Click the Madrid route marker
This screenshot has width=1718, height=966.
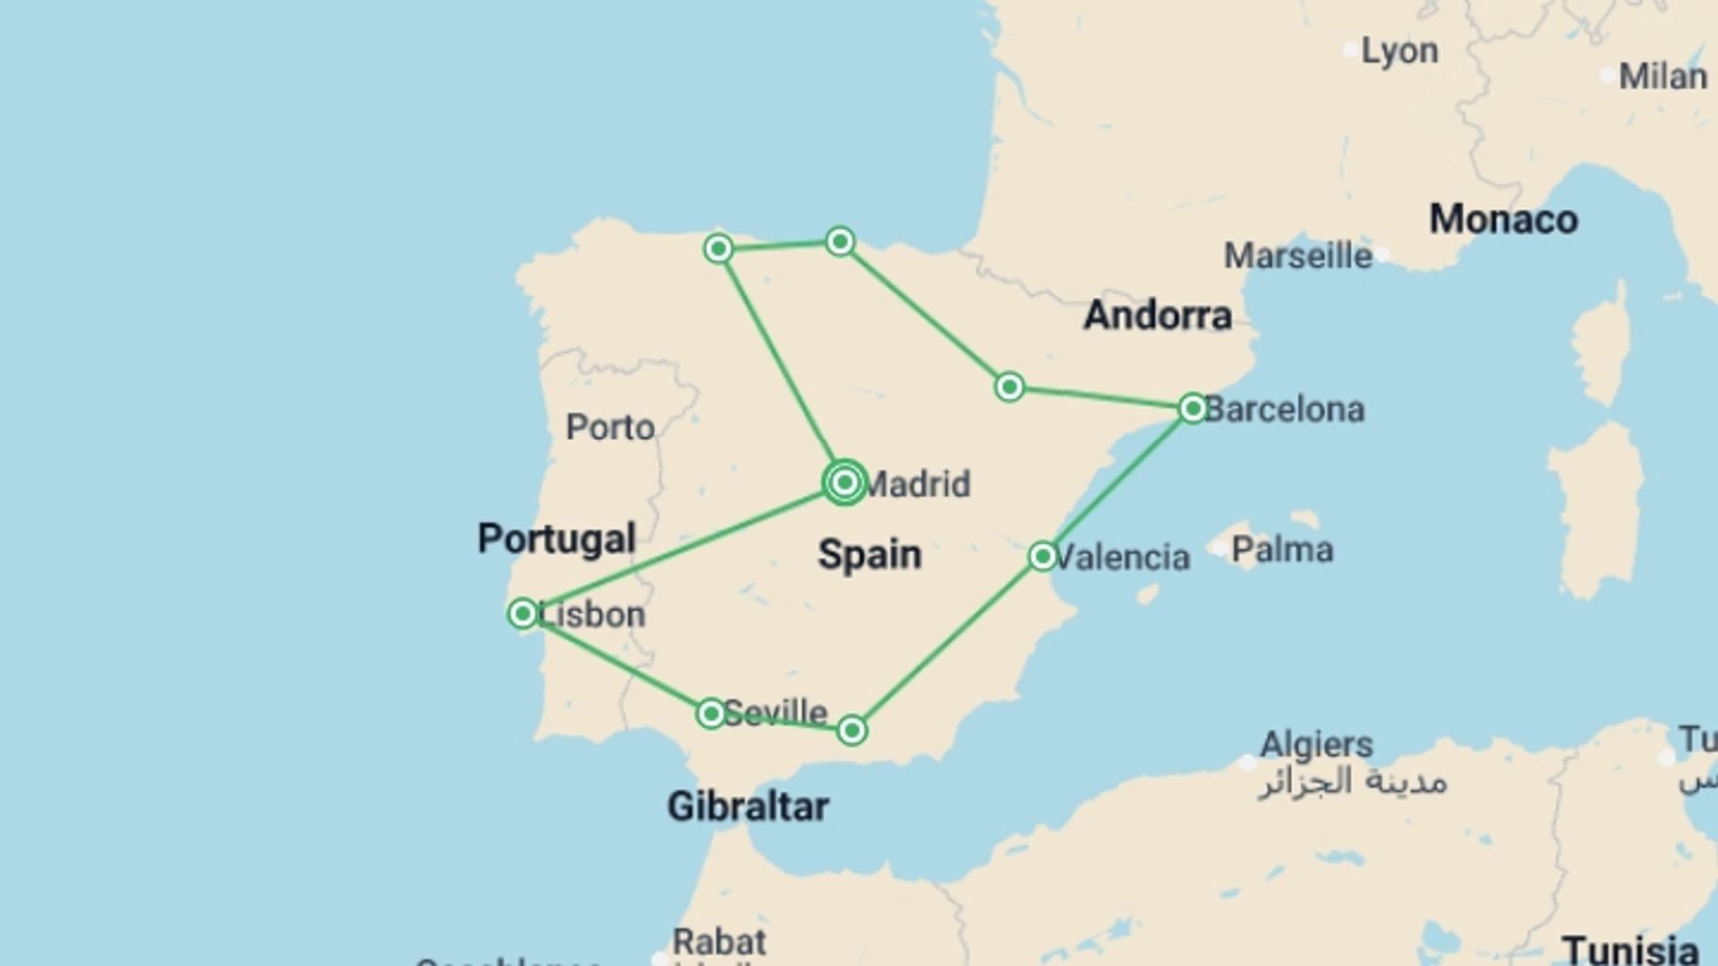click(845, 483)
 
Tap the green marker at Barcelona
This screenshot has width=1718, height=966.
click(1193, 409)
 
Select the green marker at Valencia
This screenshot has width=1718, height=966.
click(1042, 556)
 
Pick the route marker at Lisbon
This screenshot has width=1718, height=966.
click(523, 614)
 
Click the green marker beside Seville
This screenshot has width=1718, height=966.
click(710, 713)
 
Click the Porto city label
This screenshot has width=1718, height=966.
click(610, 428)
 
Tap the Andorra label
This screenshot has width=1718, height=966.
click(1158, 315)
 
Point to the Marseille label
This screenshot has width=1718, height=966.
click(1297, 256)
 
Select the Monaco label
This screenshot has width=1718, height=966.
click(1503, 219)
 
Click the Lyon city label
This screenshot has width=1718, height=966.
click(1399, 51)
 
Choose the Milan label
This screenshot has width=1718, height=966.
click(1663, 76)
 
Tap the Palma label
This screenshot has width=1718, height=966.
click(1281, 549)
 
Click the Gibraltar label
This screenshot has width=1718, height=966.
click(748, 806)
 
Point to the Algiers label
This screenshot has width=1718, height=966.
click(1316, 744)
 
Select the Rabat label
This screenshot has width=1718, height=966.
click(719, 942)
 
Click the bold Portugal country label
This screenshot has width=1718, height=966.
click(557, 538)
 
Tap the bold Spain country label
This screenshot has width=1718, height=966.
click(869, 555)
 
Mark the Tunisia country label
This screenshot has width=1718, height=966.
click(1629, 950)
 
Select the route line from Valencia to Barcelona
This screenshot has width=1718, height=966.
click(1118, 483)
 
